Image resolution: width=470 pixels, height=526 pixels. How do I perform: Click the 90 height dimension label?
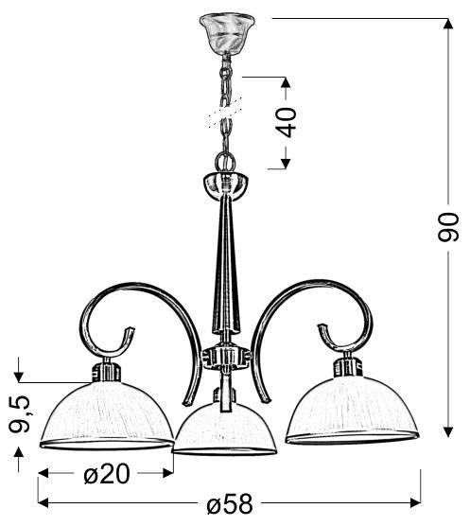tap(448, 227)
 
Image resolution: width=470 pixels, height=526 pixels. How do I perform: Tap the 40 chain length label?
tap(287, 122)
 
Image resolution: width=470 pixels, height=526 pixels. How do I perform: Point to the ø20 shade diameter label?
tap(107, 474)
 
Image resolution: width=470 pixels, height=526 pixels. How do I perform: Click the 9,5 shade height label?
tap(20, 413)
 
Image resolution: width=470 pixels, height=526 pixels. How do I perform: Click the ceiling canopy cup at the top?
tap(227, 32)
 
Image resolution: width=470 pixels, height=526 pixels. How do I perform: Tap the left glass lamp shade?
tap(107, 415)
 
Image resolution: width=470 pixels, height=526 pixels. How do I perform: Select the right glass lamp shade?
tap(352, 409)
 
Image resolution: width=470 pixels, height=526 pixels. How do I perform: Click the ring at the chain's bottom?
tap(225, 162)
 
